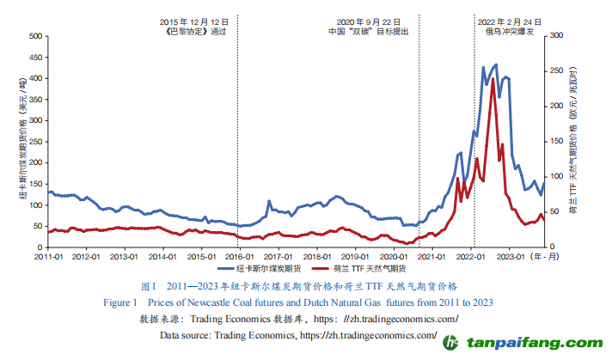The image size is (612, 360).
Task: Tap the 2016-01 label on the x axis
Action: [x=238, y=256]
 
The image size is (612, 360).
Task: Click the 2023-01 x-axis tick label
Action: [x=511, y=256]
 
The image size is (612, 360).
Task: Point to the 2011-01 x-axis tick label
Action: [x=49, y=256]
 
